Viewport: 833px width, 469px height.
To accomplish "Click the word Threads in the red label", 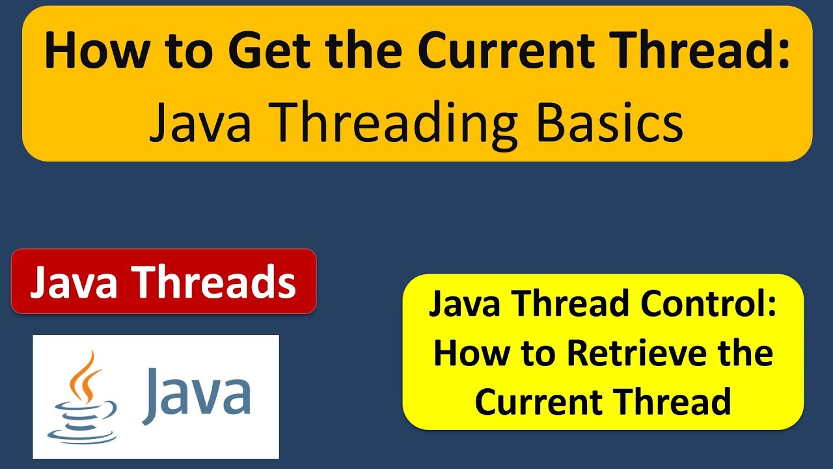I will pos(218,281).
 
